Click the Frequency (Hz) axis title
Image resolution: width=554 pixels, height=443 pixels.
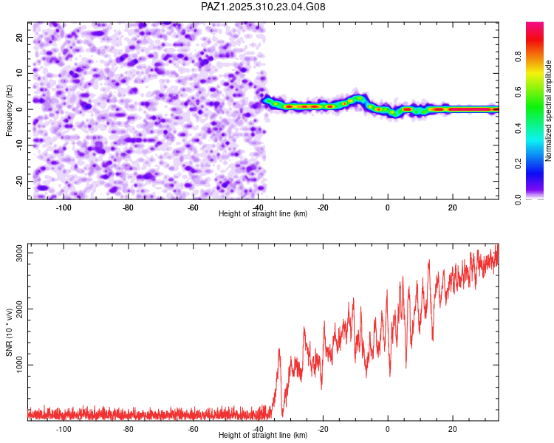[x=10, y=110]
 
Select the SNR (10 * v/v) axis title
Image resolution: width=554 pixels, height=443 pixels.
[x=10, y=332]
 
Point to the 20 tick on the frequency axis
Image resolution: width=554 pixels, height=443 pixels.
[x=20, y=37]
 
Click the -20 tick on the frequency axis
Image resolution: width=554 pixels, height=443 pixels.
[x=18, y=181]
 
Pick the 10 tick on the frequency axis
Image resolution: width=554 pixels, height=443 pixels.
[x=20, y=73]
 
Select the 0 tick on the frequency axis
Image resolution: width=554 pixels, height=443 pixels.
[x=22, y=109]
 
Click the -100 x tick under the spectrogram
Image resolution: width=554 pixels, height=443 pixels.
[x=64, y=207]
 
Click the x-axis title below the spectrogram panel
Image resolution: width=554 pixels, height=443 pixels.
[x=263, y=214]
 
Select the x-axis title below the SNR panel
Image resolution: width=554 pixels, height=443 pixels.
[x=263, y=436]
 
